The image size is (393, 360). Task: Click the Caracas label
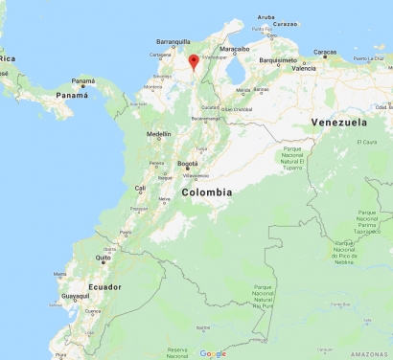click(x=325, y=53)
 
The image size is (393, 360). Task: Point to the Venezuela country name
click(x=339, y=123)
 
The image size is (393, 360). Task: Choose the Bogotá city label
click(x=188, y=165)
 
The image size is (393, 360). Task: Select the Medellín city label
click(x=158, y=135)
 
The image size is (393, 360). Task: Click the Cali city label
click(x=141, y=188)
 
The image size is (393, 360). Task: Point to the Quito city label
click(x=104, y=258)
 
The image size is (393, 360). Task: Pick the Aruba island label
click(x=266, y=17)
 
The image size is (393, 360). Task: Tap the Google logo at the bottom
click(x=213, y=353)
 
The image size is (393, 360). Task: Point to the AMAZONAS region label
click(x=372, y=353)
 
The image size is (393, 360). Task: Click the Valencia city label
click(x=304, y=69)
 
